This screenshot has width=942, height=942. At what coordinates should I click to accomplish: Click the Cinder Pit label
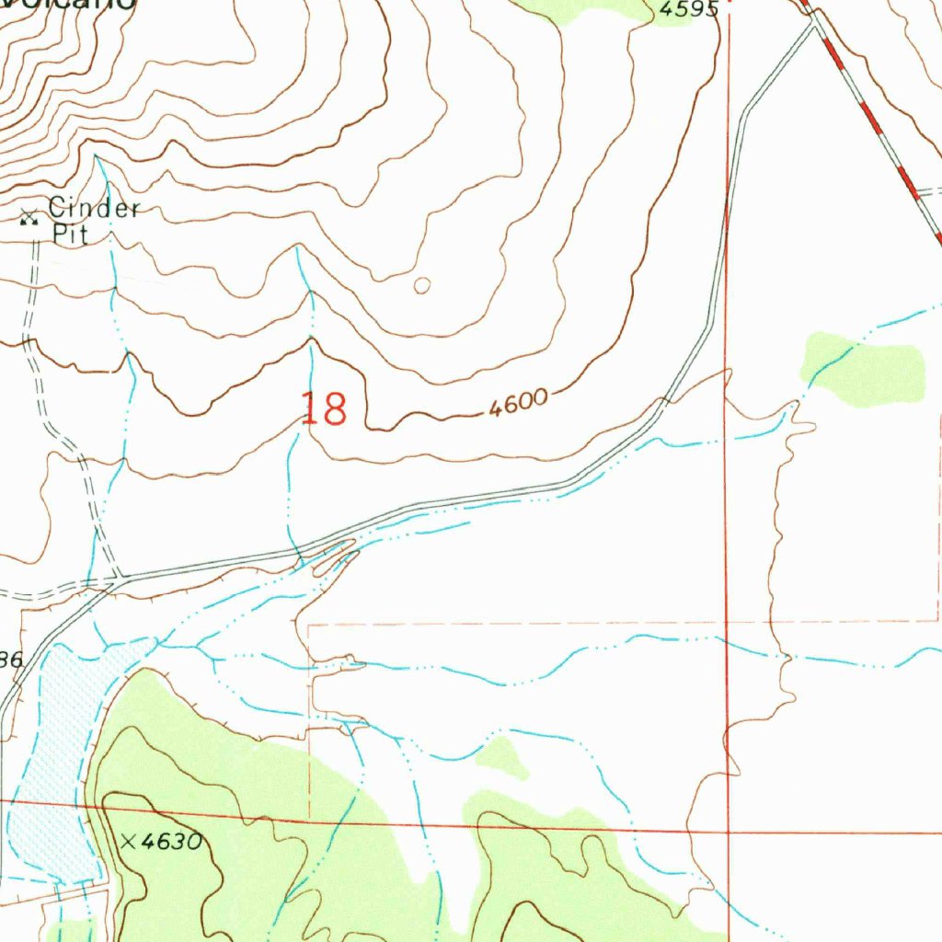point(92,221)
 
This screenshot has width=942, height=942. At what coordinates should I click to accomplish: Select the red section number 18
point(325,409)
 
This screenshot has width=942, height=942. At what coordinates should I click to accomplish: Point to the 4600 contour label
point(518,404)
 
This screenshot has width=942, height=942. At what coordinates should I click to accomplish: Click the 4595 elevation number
point(688,9)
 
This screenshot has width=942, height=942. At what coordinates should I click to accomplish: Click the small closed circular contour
point(421,286)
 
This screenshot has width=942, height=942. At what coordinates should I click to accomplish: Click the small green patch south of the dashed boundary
point(502,756)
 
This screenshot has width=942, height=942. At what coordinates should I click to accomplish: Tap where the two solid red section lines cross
point(728,832)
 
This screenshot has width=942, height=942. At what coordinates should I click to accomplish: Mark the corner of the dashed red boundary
point(309,625)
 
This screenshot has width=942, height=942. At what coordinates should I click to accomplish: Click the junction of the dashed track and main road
point(118,580)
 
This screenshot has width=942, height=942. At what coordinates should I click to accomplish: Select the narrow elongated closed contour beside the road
point(333,557)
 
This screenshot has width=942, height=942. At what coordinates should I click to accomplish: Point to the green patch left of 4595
point(589,9)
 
